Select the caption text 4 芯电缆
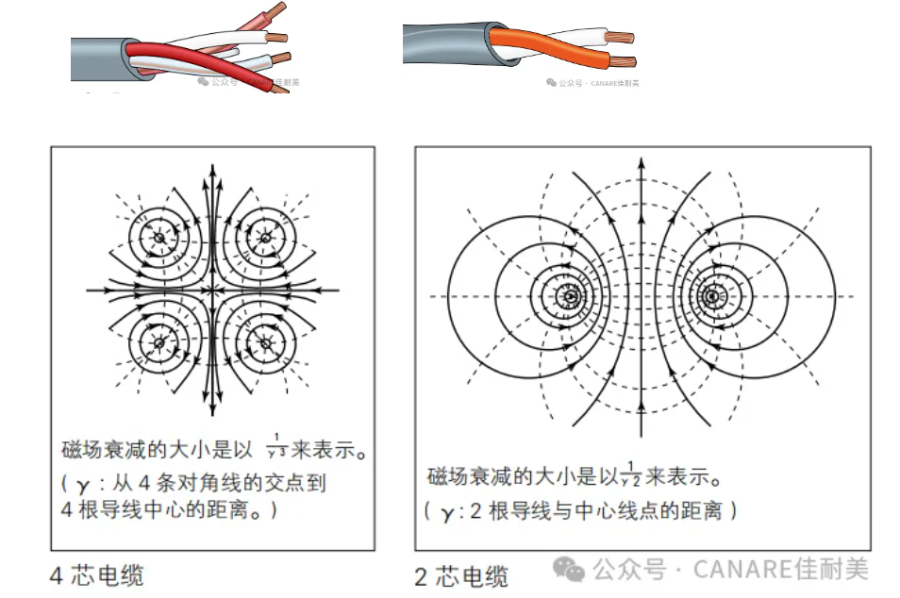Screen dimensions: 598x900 pos(96,574)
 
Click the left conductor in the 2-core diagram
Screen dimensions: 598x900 pos(570,296)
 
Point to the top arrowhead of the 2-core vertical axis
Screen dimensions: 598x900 pos(641,161)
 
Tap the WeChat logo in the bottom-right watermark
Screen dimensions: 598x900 pos(568,569)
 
